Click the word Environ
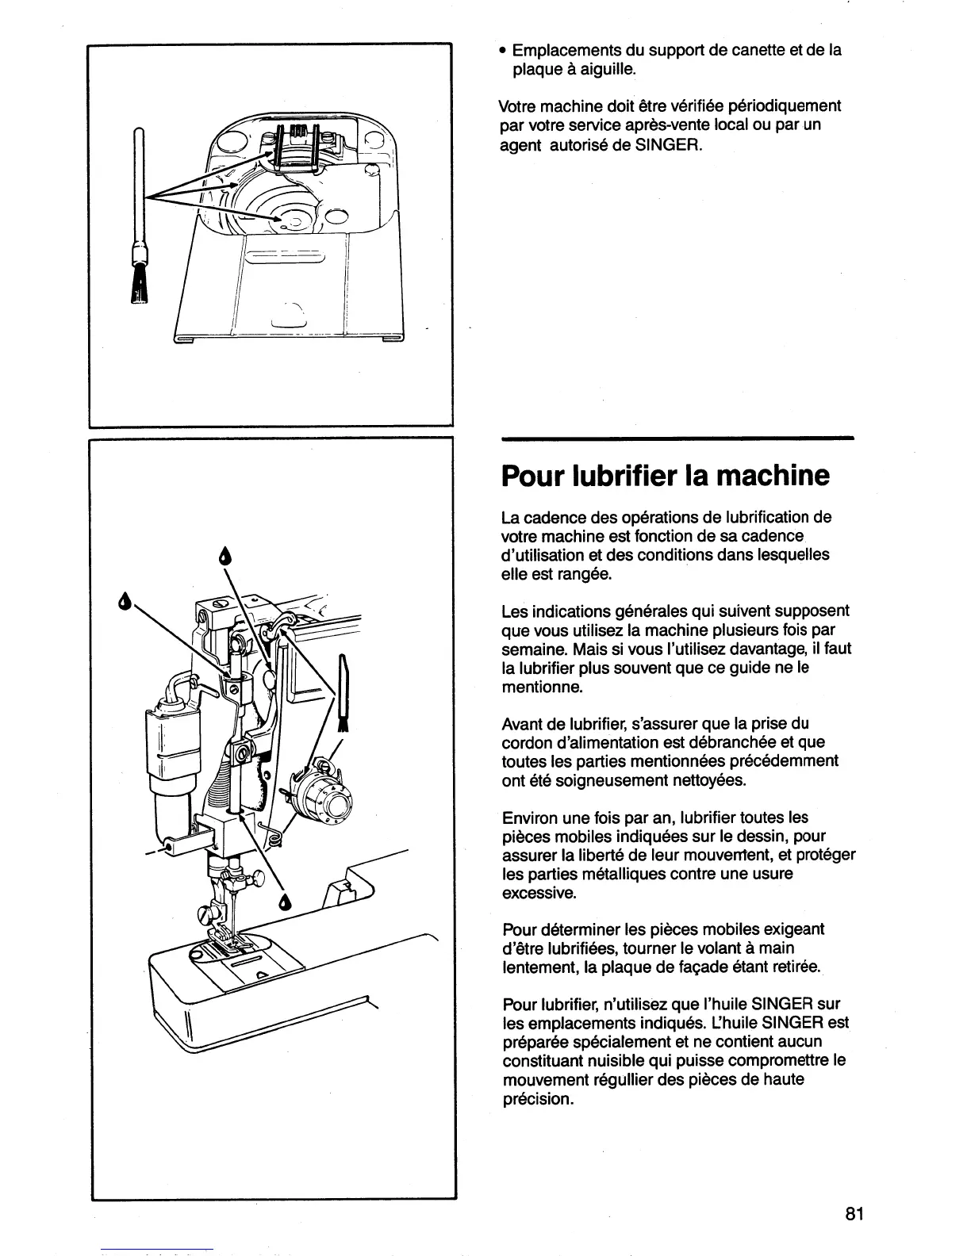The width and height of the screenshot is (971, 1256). coord(529,818)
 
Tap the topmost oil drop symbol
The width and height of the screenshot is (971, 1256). coord(224,557)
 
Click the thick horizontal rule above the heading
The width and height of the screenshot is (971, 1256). coord(677,438)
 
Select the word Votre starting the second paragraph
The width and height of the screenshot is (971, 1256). coord(518,106)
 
